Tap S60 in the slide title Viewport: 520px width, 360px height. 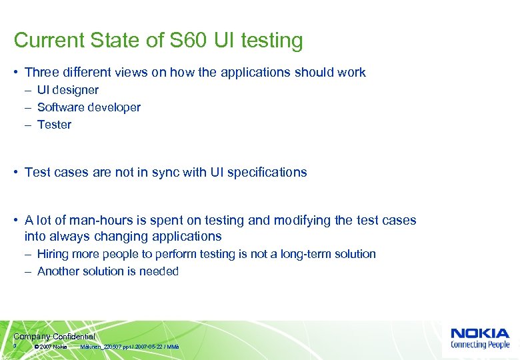[x=185, y=41]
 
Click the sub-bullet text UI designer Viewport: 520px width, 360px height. [x=68, y=90]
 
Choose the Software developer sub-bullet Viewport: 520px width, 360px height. [x=89, y=107]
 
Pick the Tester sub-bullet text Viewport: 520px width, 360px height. [x=54, y=125]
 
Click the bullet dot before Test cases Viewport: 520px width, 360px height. [x=16, y=172]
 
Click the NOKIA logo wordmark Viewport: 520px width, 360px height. [x=480, y=333]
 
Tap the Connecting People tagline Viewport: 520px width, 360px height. [x=480, y=345]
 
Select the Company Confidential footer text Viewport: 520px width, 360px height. [x=54, y=337]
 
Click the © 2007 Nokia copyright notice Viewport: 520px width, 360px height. [x=51, y=347]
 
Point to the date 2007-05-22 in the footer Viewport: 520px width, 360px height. [x=147, y=347]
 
